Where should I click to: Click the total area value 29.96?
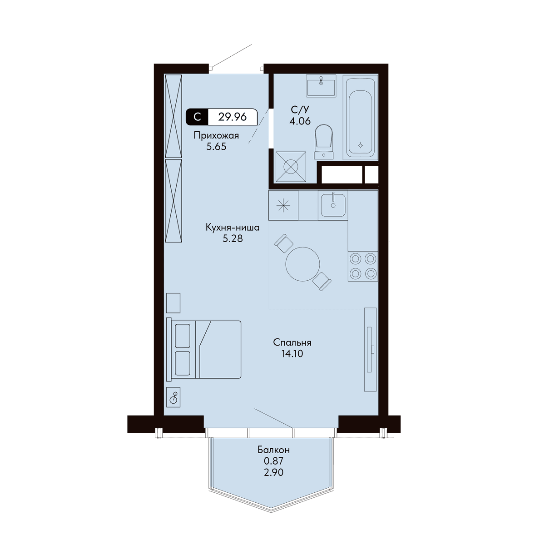pyautogui.click(x=232, y=117)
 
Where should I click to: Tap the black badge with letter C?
pyautogui.click(x=197, y=117)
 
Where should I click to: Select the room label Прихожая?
pyautogui.click(x=216, y=136)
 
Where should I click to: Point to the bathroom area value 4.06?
pyautogui.click(x=300, y=121)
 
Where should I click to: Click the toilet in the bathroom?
pyautogui.click(x=323, y=142)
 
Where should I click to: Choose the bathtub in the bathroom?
pyautogui.click(x=361, y=117)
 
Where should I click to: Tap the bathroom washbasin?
pyautogui.click(x=321, y=86)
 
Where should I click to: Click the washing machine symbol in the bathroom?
pyautogui.click(x=291, y=167)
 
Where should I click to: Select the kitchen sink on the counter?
pyautogui.click(x=333, y=205)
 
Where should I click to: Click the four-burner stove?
pyautogui.click(x=363, y=266)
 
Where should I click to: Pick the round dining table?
pyautogui.click(x=302, y=264)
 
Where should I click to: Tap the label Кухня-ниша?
pyautogui.click(x=233, y=228)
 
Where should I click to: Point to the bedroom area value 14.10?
pyautogui.click(x=292, y=353)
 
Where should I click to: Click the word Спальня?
pyautogui.click(x=292, y=342)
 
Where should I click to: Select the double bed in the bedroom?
pyautogui.click(x=203, y=350)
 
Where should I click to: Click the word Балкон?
pyautogui.click(x=273, y=450)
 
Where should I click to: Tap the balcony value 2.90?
pyautogui.click(x=273, y=472)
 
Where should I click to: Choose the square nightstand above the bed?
pyautogui.click(x=173, y=303)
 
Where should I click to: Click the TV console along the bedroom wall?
pyautogui.click(x=370, y=350)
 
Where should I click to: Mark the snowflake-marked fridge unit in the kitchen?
pyautogui.click(x=283, y=205)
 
